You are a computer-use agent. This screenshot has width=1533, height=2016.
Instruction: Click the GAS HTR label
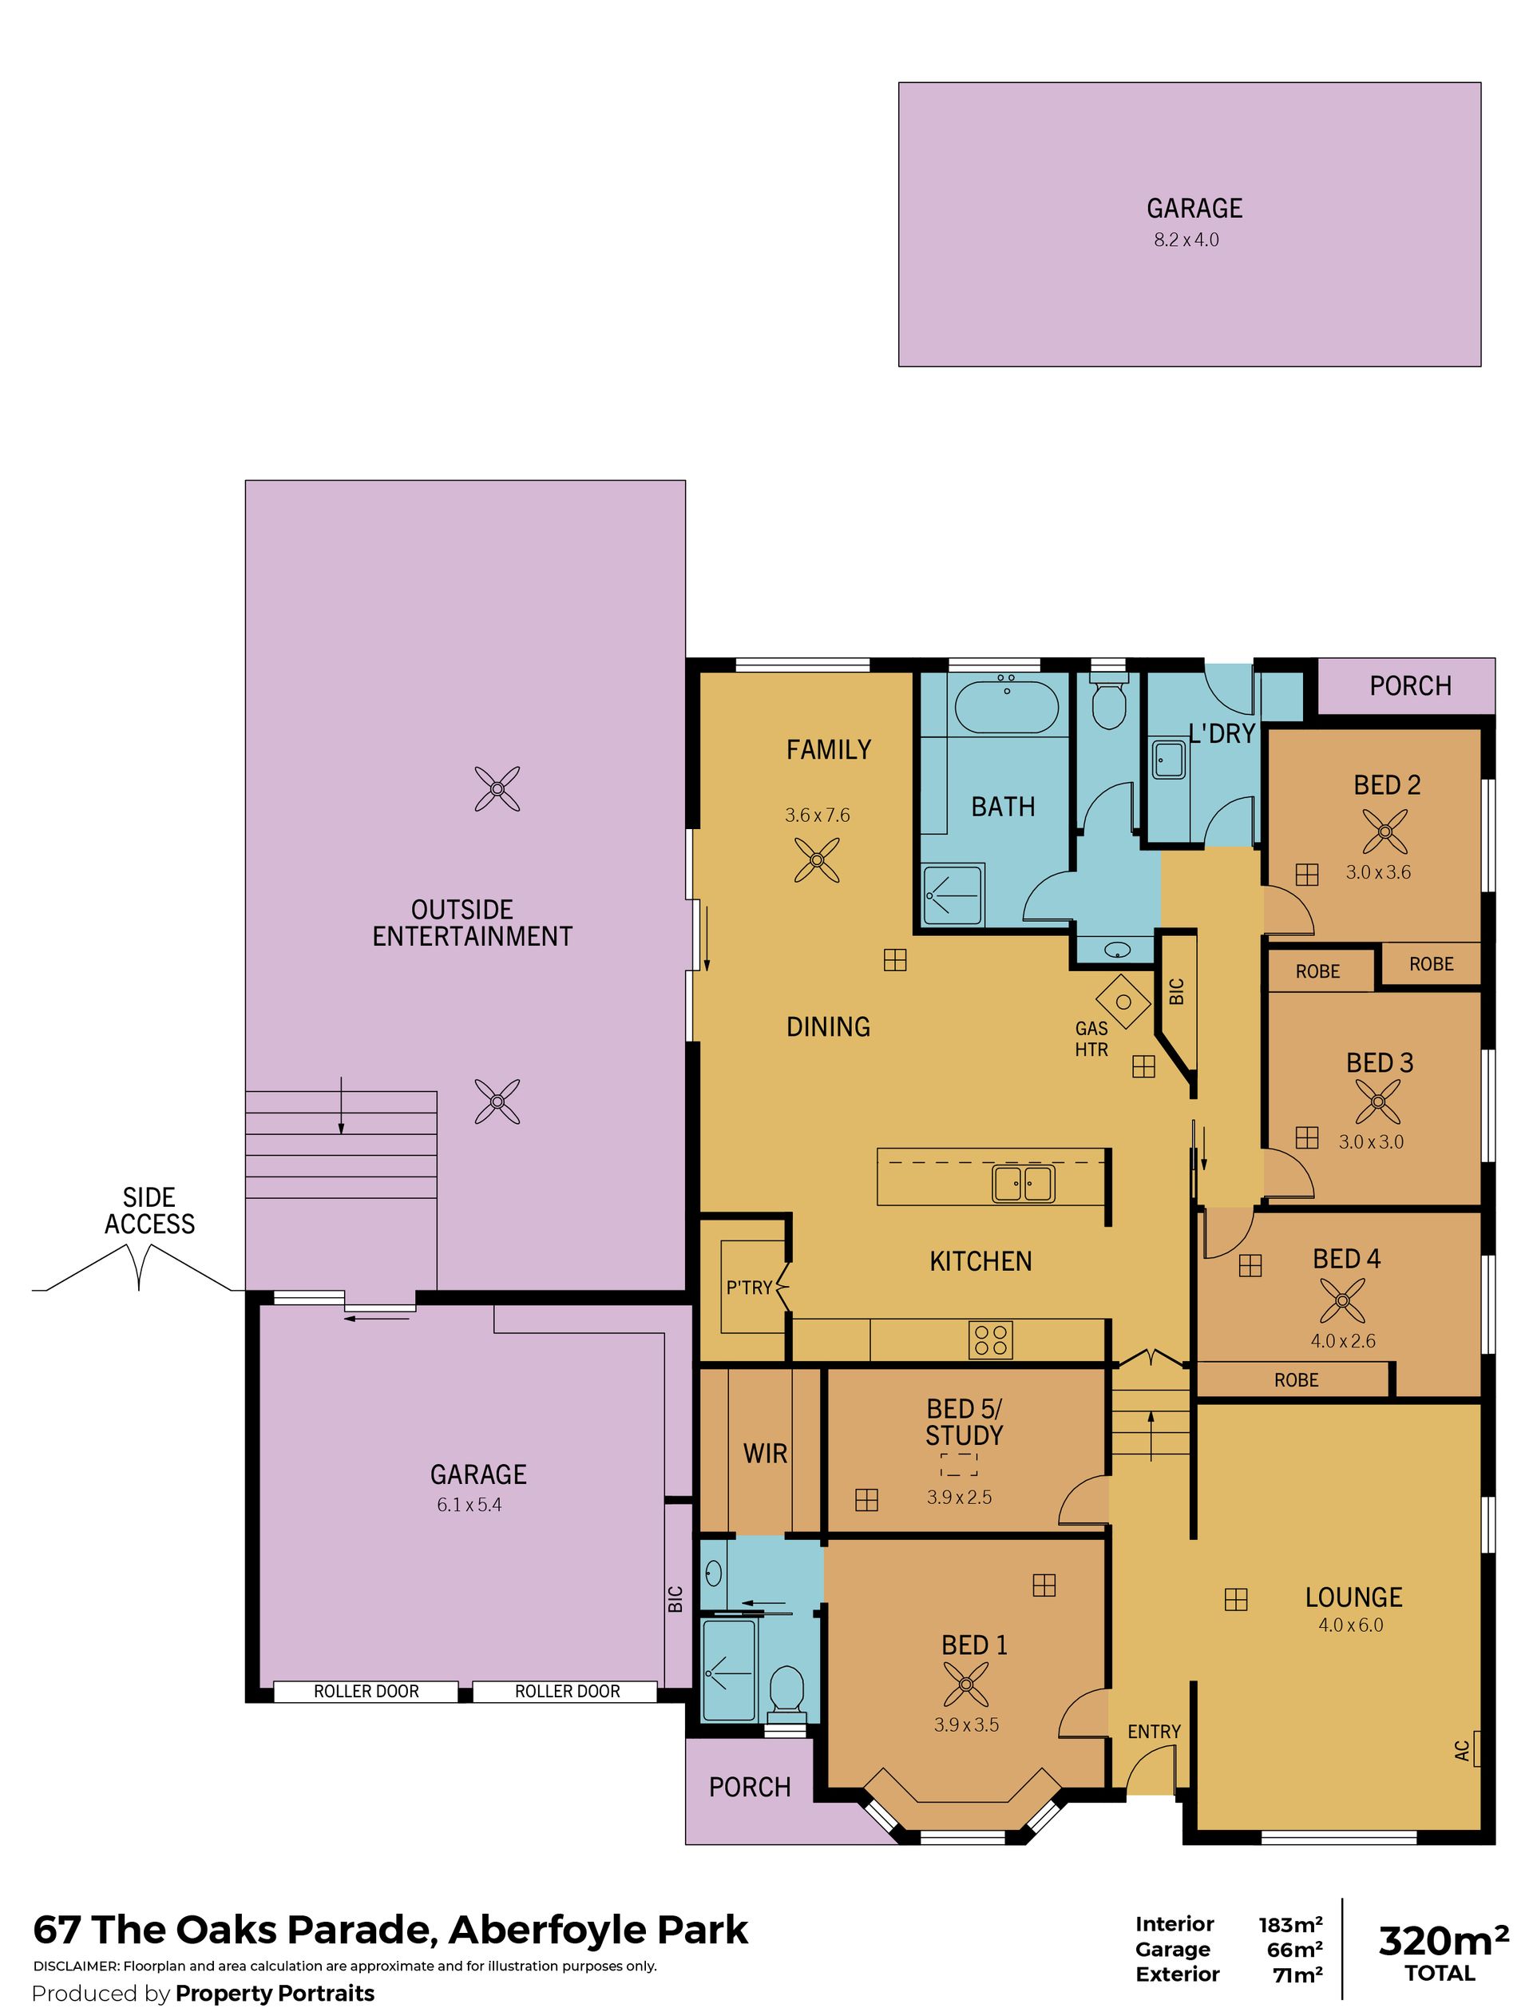[x=1091, y=1038]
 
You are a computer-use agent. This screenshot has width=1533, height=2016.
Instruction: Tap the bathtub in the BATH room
[x=1007, y=708]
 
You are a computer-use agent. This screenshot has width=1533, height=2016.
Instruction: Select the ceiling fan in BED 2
[x=1385, y=831]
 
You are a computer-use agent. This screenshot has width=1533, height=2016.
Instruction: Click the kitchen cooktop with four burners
[x=990, y=1339]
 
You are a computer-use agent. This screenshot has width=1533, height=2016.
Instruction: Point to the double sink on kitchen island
[x=1023, y=1184]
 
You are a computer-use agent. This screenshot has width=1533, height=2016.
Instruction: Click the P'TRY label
[x=749, y=1288]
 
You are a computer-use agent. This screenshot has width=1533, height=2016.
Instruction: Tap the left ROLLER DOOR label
[x=366, y=1691]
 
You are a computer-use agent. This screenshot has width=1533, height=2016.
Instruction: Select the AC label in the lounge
[x=1463, y=1751]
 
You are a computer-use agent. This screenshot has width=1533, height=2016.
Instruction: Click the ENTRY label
[x=1154, y=1732]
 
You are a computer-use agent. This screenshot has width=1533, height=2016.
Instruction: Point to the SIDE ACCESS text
[x=149, y=1210]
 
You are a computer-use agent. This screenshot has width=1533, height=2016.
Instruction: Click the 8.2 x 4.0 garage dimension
[x=1186, y=240]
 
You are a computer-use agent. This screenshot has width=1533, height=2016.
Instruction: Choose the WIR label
[x=765, y=1454]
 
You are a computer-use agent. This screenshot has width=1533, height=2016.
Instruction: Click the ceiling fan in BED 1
[x=965, y=1684]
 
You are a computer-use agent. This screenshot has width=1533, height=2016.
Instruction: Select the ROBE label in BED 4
[x=1296, y=1380]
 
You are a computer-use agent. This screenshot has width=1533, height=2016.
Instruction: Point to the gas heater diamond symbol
[x=1123, y=1002]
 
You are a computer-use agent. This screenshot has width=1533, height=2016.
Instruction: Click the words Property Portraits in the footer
[x=275, y=1992]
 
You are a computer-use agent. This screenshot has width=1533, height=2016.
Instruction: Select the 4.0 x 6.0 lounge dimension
[x=1350, y=1625]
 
